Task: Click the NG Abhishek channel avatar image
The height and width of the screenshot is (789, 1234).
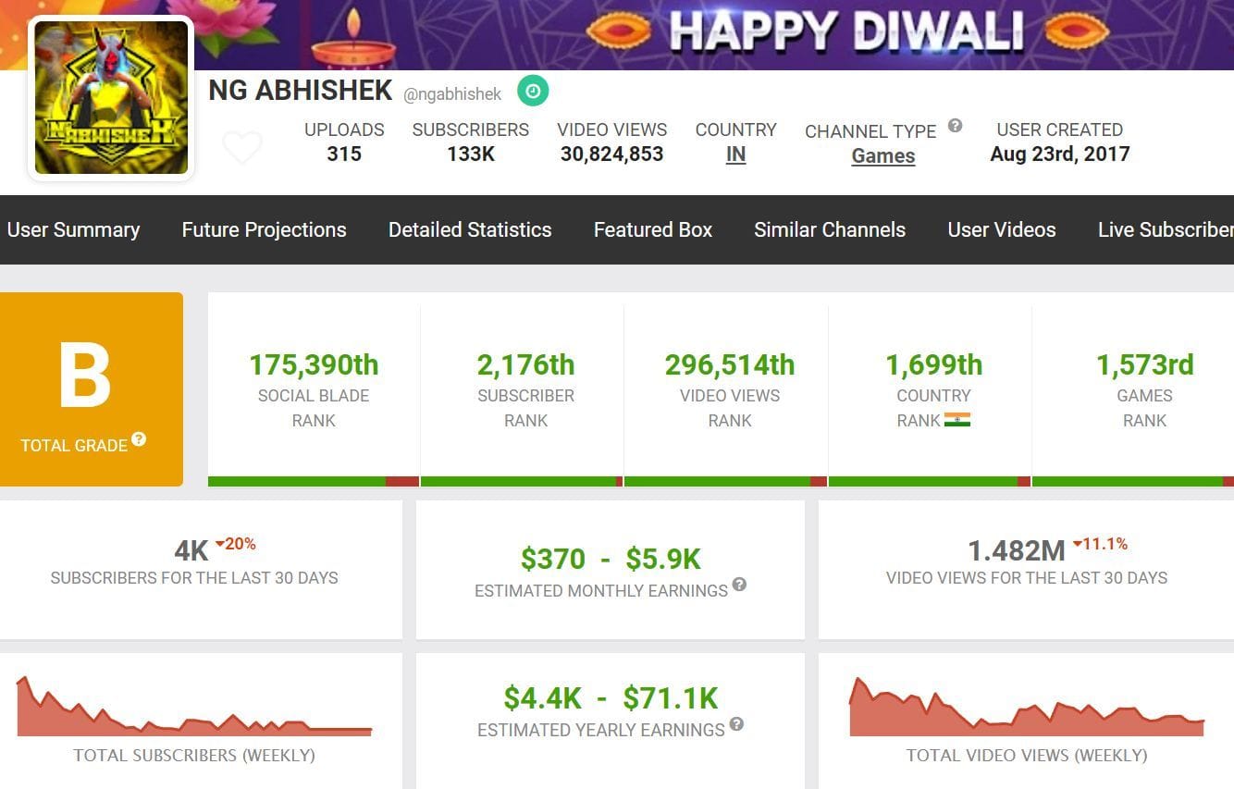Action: [x=111, y=97]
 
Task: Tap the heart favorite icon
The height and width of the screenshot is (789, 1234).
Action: [x=242, y=147]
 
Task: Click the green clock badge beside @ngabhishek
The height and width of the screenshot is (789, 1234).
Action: [x=533, y=91]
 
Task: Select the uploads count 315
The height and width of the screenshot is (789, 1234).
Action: [x=344, y=154]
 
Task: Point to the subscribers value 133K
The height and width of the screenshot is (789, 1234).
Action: [x=471, y=154]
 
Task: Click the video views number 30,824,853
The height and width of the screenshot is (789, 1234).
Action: [x=611, y=154]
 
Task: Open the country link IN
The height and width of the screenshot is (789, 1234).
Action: [x=735, y=155]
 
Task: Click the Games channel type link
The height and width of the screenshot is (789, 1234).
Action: [x=882, y=156]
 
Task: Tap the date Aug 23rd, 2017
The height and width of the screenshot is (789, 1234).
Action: [x=1059, y=154]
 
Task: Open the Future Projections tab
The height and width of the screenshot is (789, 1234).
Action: [x=264, y=229]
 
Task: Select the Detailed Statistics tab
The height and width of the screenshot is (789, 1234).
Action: [x=470, y=229]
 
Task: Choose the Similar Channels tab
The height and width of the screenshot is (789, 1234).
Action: [x=829, y=229]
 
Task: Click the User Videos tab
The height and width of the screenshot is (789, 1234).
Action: [x=1001, y=229]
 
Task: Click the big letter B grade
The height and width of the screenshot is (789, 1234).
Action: [x=85, y=376]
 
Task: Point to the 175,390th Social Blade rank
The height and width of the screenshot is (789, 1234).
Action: [x=314, y=365]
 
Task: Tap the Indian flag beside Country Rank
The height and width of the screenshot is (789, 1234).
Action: [x=956, y=420]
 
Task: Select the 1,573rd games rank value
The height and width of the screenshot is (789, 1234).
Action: [x=1144, y=365]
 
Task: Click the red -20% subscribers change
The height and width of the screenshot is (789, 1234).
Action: [x=236, y=544]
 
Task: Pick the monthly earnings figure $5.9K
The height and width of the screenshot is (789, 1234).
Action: [x=662, y=559]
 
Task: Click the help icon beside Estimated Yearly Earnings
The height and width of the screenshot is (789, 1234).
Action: [x=736, y=724]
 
